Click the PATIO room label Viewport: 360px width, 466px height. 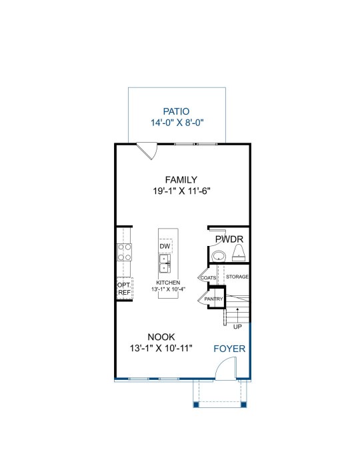point(176,111)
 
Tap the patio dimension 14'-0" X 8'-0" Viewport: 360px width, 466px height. point(177,123)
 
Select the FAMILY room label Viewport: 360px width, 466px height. point(181,180)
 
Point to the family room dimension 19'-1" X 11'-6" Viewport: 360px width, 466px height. point(181,191)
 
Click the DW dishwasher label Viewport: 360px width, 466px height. point(165,246)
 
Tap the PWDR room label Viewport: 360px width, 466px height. point(229,239)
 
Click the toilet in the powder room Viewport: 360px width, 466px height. point(239,253)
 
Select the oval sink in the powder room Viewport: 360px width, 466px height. point(219,255)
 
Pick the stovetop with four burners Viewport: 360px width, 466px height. point(124,252)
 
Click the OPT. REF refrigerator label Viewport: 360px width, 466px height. point(124,289)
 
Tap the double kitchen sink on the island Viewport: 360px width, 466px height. point(165,263)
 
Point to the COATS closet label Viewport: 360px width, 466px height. point(208,278)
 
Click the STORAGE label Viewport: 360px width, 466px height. point(237,277)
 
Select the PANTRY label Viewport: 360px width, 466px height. point(213,299)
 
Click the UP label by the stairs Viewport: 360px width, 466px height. point(237,327)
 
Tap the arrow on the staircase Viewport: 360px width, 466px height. point(237,315)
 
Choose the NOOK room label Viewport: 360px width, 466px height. point(161,337)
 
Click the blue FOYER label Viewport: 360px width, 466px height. point(229,349)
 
